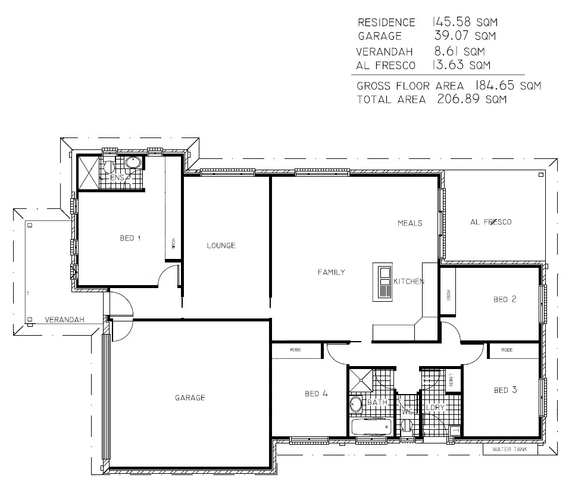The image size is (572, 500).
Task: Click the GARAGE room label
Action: (x=189, y=398)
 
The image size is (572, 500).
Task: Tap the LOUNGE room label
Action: (x=221, y=245)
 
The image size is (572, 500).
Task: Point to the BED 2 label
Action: (x=504, y=299)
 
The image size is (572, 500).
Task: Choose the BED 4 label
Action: (x=315, y=393)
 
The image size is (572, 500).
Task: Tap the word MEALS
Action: (x=410, y=223)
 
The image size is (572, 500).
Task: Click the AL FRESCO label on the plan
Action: (x=490, y=222)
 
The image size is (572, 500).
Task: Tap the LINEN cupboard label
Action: (x=452, y=379)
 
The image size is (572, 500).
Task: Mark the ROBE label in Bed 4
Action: (x=296, y=350)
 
